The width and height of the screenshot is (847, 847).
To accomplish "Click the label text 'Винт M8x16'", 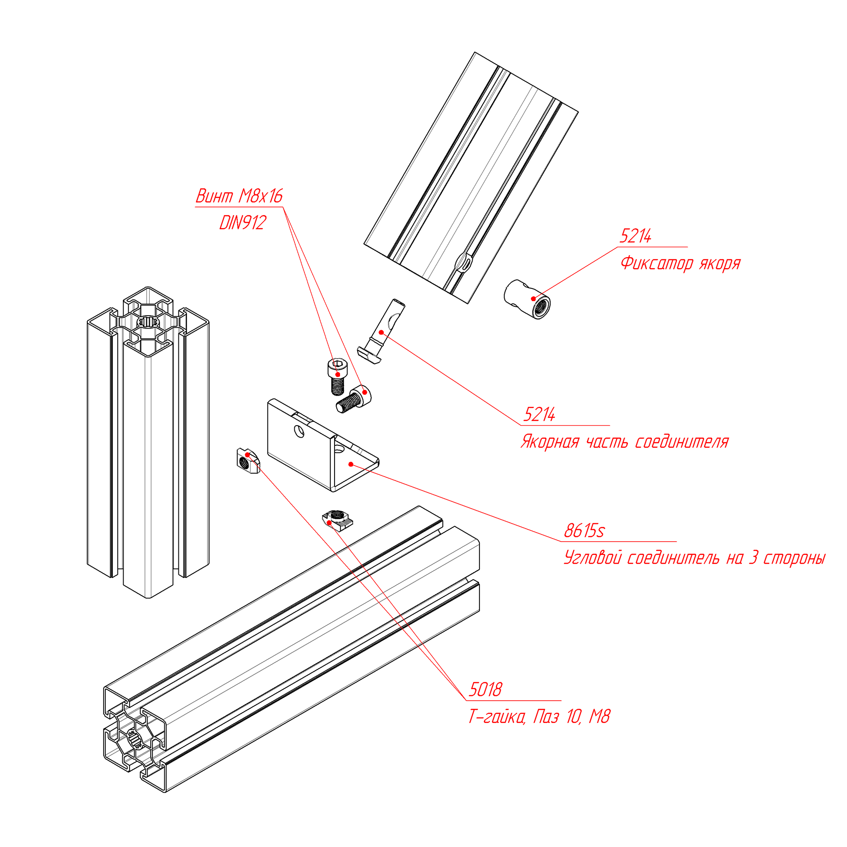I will pyautogui.click(x=239, y=196).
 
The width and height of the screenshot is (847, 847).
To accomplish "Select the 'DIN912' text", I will pyautogui.click(x=243, y=223).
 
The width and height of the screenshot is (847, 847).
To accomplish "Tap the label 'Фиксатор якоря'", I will pyautogui.click(x=680, y=264).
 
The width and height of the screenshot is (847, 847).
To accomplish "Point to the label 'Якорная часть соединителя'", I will pyautogui.click(x=624, y=441).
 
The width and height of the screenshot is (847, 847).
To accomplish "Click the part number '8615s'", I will pyautogui.click(x=584, y=531).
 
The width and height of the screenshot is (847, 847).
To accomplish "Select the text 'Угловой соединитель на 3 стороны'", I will pyautogui.click(x=694, y=558).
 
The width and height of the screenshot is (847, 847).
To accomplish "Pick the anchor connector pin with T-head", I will pyautogui.click(x=384, y=329).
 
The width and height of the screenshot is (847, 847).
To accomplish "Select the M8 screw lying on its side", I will pyautogui.click(x=355, y=398).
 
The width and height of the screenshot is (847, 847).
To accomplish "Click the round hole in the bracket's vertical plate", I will pyautogui.click(x=299, y=431).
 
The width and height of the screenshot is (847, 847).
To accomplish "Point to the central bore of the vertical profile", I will pyautogui.click(x=148, y=322).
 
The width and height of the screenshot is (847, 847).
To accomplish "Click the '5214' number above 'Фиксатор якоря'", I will pyautogui.click(x=635, y=236).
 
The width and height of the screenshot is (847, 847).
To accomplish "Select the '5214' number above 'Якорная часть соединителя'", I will pyautogui.click(x=539, y=414).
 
